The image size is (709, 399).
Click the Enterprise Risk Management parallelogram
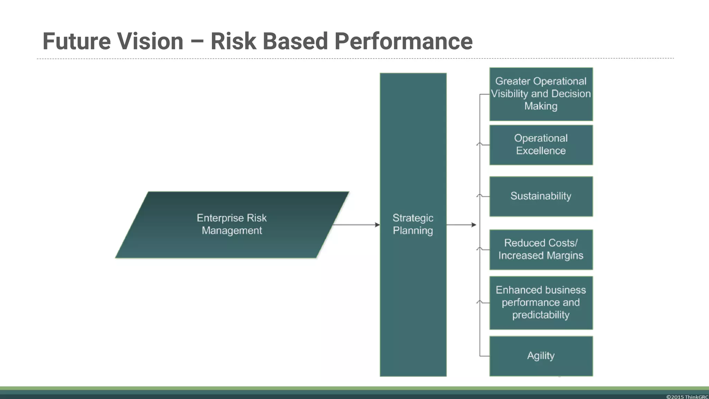click(232, 224)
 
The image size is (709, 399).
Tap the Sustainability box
click(541, 196)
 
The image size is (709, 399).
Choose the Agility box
click(541, 356)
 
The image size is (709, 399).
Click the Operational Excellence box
click(541, 145)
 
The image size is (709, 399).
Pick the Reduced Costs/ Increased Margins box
click(541, 249)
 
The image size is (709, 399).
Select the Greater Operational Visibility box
click(541, 94)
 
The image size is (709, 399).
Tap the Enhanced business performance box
click(541, 302)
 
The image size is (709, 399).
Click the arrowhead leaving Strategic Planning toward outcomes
click(474, 225)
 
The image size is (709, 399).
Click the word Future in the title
click(77, 41)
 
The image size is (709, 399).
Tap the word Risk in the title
click(234, 41)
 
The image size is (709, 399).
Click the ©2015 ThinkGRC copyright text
click(687, 397)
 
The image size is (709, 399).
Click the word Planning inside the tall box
click(413, 231)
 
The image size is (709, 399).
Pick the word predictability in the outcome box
click(541, 315)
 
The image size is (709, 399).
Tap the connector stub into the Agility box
click(485, 356)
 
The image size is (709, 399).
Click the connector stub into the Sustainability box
click(485, 196)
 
